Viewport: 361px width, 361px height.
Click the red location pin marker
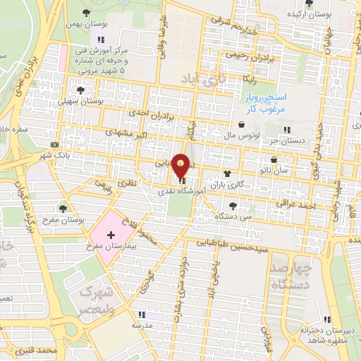click(182, 166)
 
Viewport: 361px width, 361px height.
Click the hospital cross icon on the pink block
click(111, 233)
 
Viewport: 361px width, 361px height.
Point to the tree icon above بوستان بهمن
click(87, 13)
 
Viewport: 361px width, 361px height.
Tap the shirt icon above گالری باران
click(227, 173)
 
